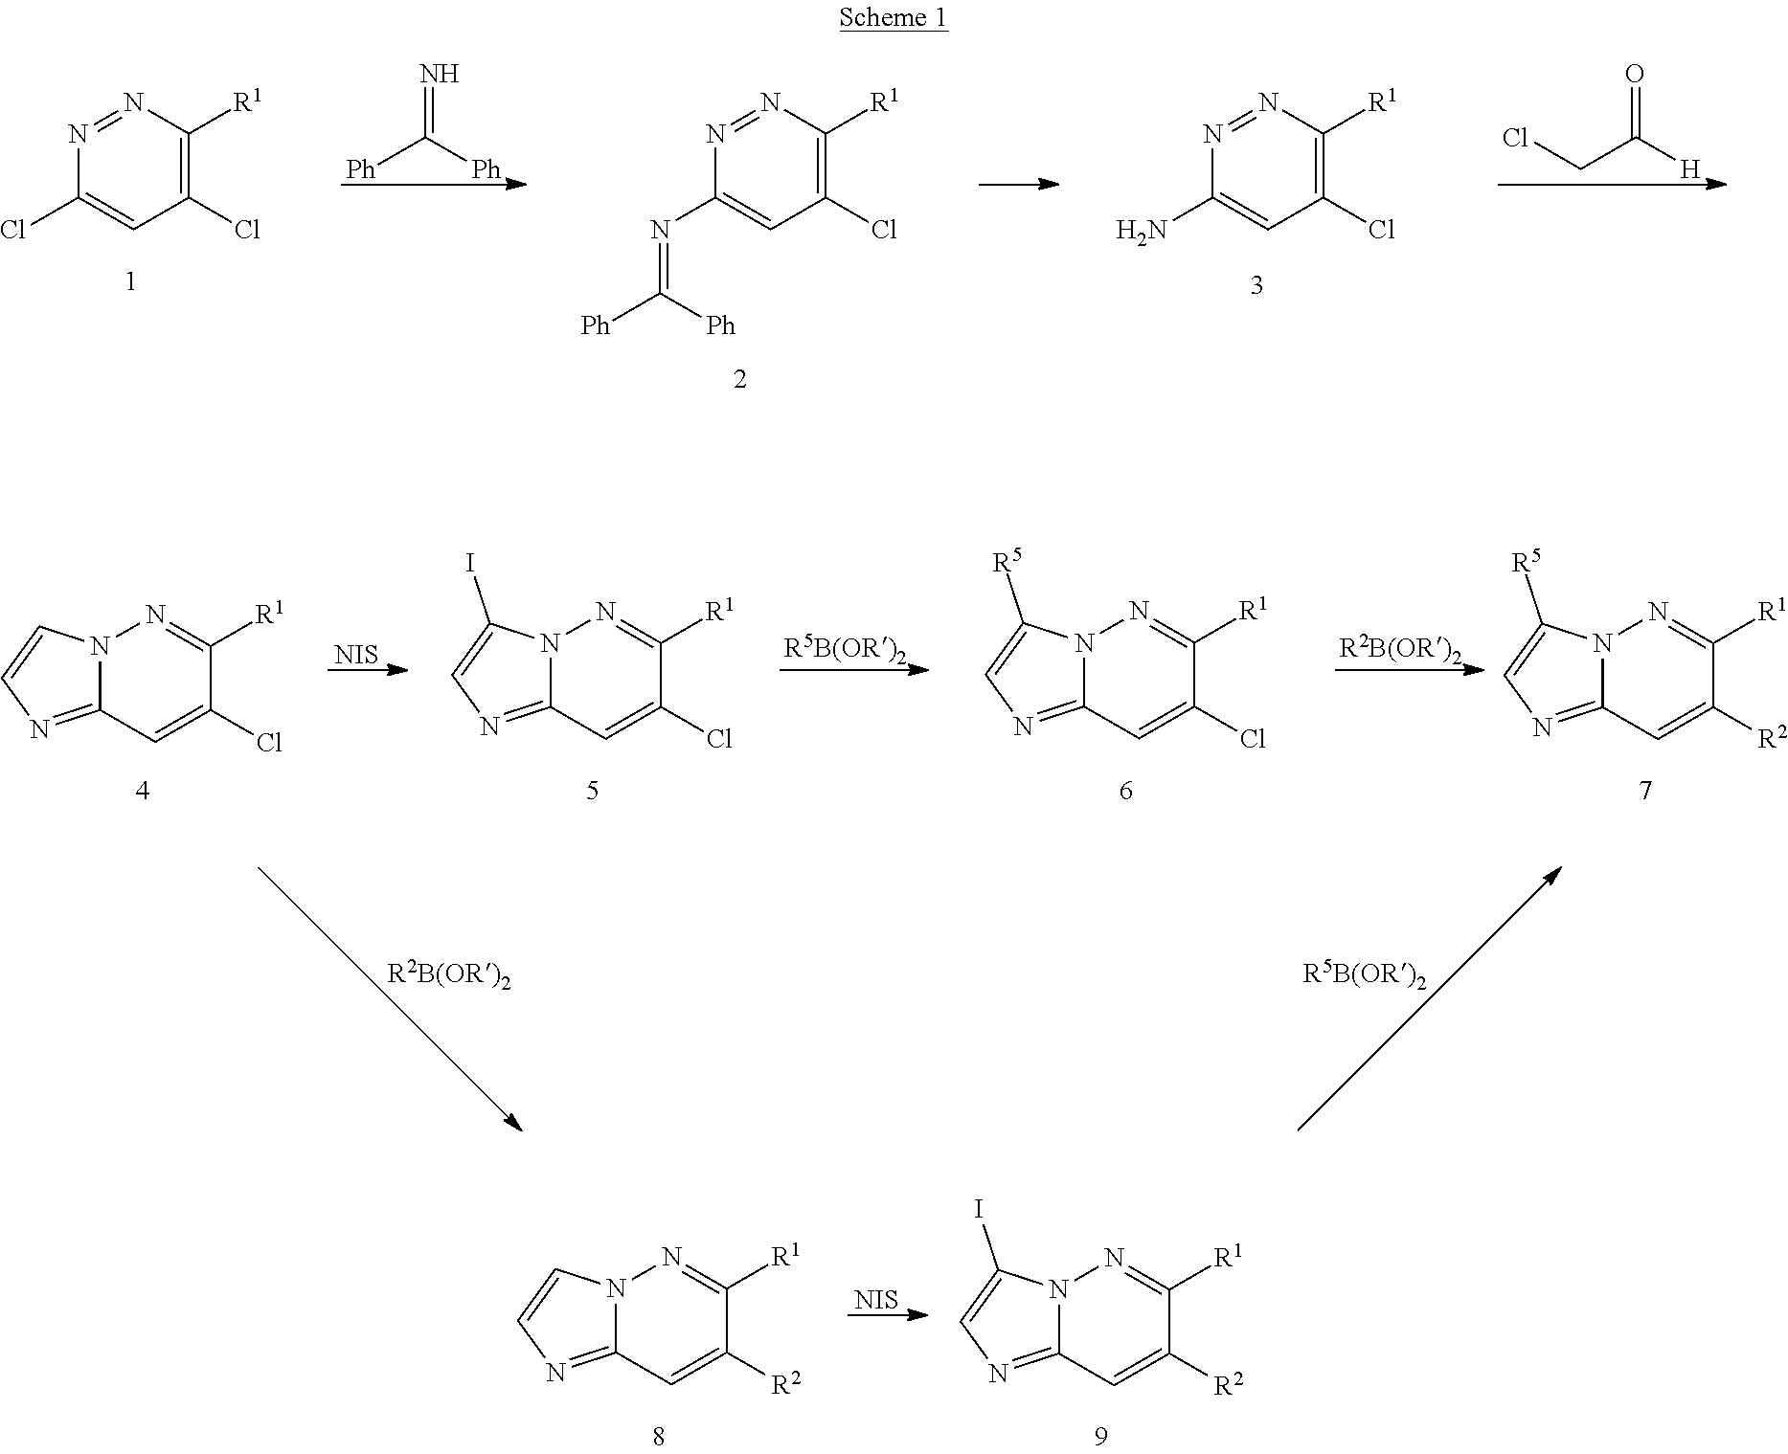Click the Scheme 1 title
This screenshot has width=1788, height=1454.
[894, 17]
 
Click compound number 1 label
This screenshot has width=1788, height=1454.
[131, 281]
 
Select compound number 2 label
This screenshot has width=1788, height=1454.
[739, 379]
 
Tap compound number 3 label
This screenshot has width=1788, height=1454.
[1256, 285]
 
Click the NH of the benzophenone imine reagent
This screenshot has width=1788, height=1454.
[439, 73]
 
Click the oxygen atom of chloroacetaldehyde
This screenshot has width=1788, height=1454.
[1635, 74]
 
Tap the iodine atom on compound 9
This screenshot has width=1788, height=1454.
[980, 1209]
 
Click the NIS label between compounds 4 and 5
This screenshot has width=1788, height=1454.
[356, 655]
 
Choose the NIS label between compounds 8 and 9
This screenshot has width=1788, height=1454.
[876, 1299]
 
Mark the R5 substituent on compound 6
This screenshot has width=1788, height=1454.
[1008, 563]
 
